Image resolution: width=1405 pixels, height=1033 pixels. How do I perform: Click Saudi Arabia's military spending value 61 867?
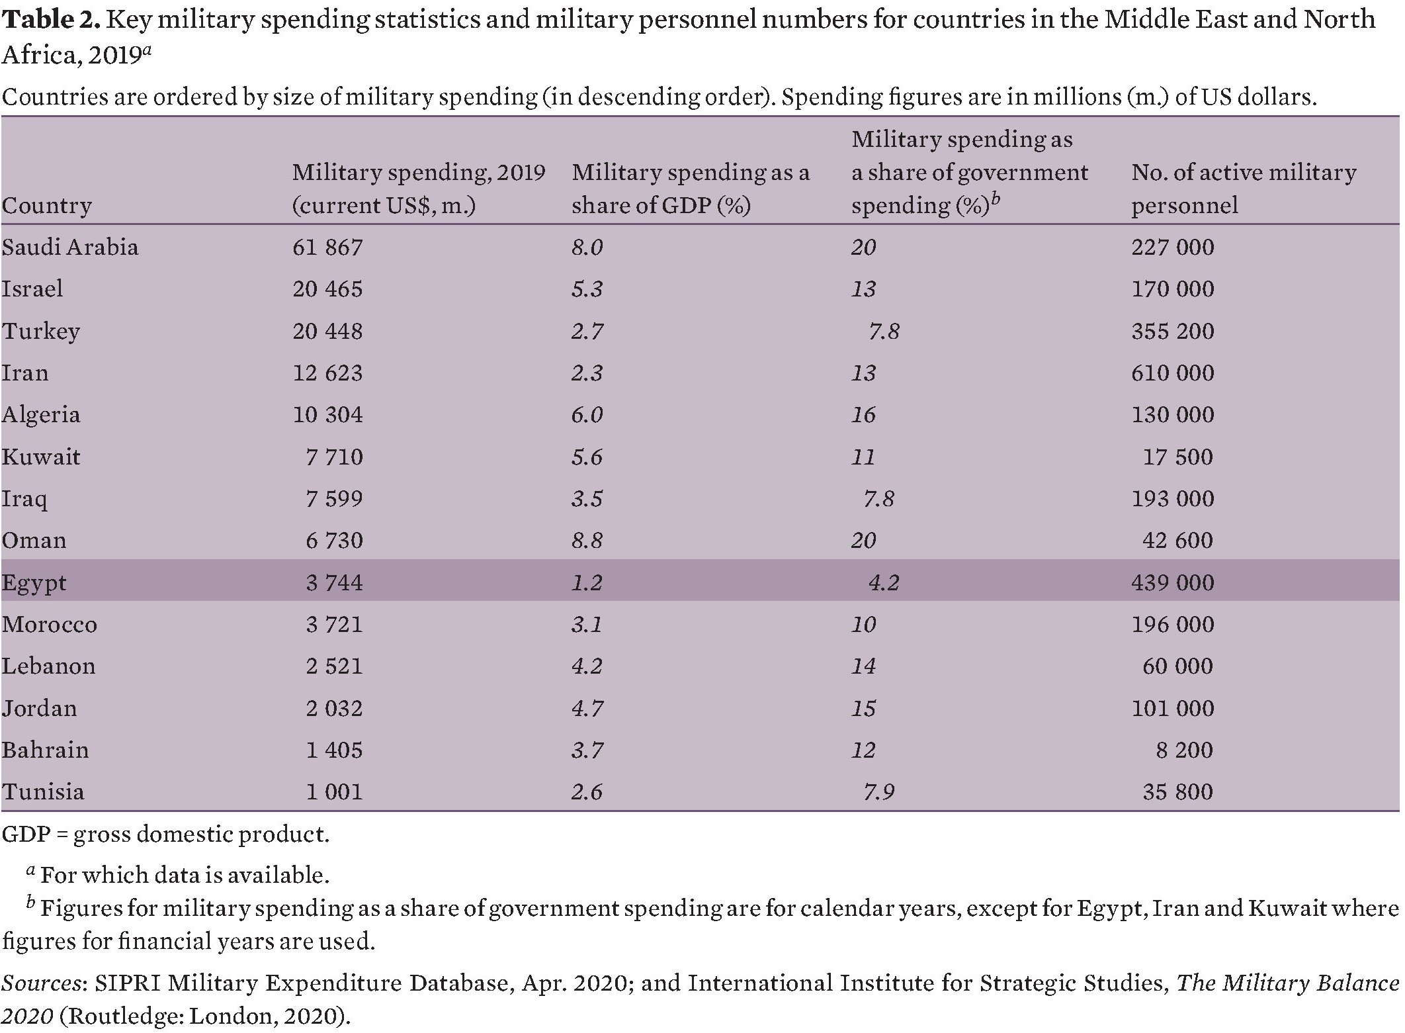pos(327,247)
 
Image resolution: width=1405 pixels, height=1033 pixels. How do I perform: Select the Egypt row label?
pos(34,583)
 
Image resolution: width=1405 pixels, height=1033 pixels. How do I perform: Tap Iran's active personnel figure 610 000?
pos(1172,373)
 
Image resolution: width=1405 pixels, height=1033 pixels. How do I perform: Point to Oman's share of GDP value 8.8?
pos(587,541)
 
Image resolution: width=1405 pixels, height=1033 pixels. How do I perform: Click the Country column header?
pos(46,206)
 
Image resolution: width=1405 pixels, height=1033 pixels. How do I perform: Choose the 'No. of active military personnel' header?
pos(1243,189)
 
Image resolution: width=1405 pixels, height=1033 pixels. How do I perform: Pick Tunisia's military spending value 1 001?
pos(334,792)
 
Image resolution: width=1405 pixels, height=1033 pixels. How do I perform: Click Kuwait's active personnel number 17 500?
pos(1178,457)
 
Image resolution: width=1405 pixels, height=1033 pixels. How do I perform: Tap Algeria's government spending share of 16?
pos(863,415)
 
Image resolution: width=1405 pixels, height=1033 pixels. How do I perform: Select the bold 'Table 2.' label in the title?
pos(51,20)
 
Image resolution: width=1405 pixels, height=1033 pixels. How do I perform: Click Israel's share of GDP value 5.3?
pos(587,289)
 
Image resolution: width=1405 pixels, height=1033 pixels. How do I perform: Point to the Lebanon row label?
pos(48,666)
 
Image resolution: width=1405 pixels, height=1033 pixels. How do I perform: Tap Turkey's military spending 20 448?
pos(327,331)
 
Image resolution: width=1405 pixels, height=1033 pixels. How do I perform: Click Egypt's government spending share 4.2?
pos(883,583)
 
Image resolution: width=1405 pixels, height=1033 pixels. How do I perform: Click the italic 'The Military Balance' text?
pos(1287,983)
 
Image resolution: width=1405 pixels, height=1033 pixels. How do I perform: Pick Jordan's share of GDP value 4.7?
pos(587,709)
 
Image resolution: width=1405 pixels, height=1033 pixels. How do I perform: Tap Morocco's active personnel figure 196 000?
pos(1172,625)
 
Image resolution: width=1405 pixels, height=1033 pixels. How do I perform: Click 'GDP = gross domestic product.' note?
pos(165,834)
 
